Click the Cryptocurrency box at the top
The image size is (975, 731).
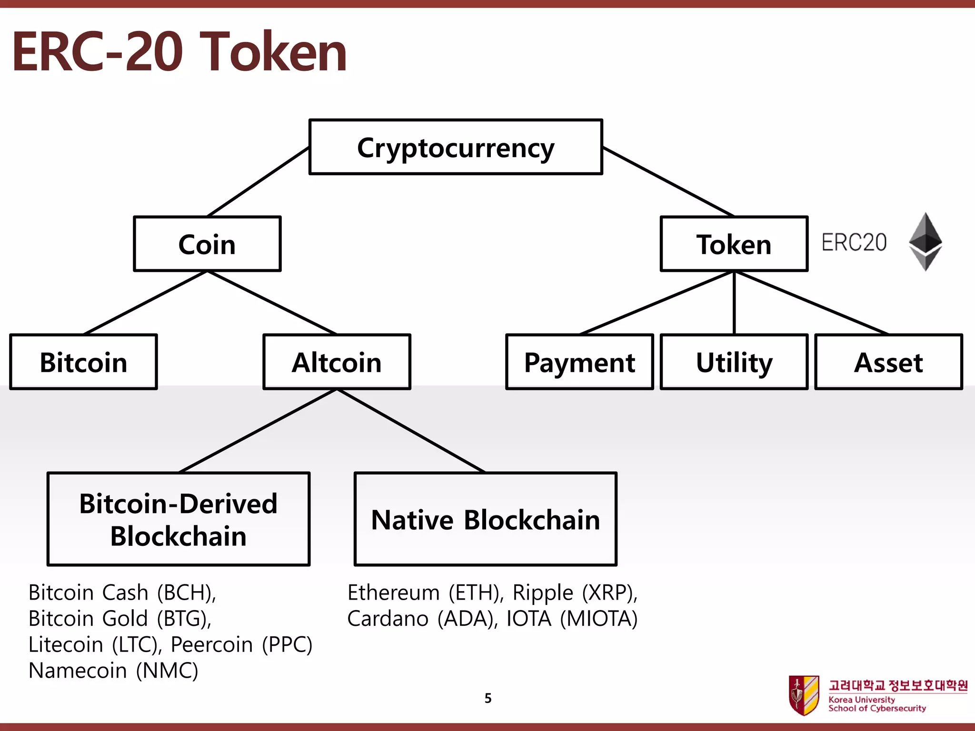click(x=456, y=147)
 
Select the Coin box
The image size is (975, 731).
click(x=207, y=244)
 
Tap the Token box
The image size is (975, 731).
click(x=734, y=244)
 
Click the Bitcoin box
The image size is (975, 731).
click(x=83, y=362)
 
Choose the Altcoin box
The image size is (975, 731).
click(x=337, y=362)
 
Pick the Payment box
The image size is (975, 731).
click(x=579, y=362)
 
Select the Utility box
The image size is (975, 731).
click(x=734, y=362)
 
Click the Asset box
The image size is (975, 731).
click(x=888, y=362)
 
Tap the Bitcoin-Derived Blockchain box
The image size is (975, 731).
click(x=179, y=519)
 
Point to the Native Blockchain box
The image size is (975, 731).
click(x=485, y=519)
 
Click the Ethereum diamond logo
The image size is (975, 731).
click(x=925, y=241)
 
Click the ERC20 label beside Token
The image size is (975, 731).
click(x=854, y=242)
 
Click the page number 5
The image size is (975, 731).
click(x=488, y=698)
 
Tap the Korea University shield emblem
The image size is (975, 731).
click(x=804, y=695)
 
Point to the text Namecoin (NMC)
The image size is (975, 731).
click(x=113, y=671)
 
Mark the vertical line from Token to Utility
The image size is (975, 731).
click(x=734, y=303)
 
